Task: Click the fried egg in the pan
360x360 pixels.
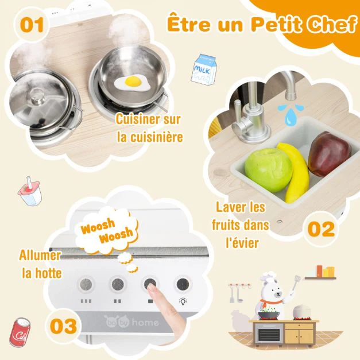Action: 133,84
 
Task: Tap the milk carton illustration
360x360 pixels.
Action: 203,68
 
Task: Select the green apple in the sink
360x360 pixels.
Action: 268,169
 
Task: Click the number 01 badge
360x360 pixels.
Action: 32,25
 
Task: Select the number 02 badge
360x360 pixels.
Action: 321,229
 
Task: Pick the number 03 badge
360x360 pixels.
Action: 63,326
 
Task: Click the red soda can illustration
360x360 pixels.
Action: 20,332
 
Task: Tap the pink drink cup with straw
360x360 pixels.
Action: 30,191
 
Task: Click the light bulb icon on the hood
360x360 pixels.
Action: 183,301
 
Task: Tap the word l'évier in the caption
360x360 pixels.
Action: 242,243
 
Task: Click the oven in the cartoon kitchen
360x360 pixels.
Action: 269,335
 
